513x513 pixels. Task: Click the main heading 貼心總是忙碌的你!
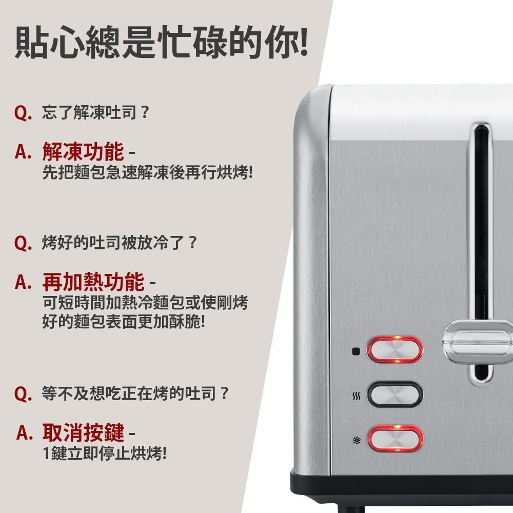[162, 43]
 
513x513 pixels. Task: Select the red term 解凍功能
[83, 151]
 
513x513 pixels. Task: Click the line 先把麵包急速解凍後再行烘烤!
[148, 172]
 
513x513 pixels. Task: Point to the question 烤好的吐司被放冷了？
[120, 243]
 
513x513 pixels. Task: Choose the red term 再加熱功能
[93, 281]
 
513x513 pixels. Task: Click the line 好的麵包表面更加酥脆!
[124, 321]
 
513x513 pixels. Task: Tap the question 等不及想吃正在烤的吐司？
[135, 393]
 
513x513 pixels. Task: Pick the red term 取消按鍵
[84, 432]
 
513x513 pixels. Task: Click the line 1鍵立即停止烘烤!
[105, 453]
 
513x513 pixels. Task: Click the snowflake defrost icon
[357, 440]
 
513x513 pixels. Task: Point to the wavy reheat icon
[357, 396]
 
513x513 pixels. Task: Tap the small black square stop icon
[356, 352]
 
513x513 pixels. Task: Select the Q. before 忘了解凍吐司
[23, 113]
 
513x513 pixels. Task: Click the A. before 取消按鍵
[25, 433]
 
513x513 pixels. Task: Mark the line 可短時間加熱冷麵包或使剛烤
[145, 302]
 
